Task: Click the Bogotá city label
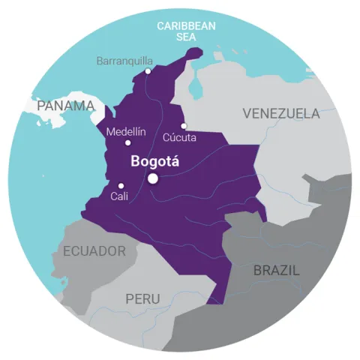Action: pos(156,160)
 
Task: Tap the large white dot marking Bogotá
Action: pos(153,178)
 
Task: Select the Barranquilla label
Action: pos(126,61)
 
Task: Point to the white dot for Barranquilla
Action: pos(148,71)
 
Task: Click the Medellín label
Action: pos(126,131)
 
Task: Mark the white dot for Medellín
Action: pos(127,142)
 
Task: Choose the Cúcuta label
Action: pos(180,138)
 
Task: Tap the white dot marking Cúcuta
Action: pos(184,126)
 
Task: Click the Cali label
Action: pos(119,196)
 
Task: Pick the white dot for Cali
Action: pos(121,186)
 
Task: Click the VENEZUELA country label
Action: pos(281,114)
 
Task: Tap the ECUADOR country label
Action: pos(94,251)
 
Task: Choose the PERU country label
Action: pos(142,298)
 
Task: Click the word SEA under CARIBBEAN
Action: pos(186,36)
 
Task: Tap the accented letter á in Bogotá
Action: pos(176,160)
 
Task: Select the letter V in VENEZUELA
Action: pos(247,114)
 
